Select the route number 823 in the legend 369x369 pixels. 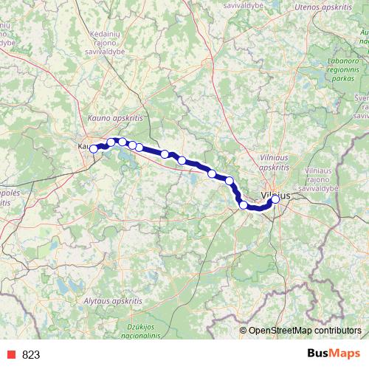tap(31, 354)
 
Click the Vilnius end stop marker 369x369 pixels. tap(275, 199)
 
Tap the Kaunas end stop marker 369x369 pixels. tap(94, 148)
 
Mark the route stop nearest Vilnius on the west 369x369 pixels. tap(244, 204)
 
